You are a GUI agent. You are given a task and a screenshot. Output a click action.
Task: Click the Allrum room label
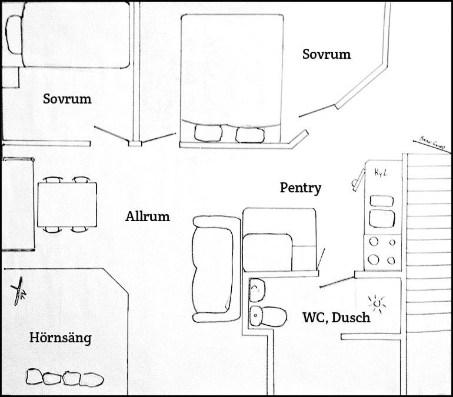coord(147,216)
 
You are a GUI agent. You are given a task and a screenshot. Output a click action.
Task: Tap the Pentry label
coord(300,188)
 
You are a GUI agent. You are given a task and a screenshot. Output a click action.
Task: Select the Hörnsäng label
coord(60,338)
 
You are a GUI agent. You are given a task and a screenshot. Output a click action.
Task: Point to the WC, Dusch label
coord(336,318)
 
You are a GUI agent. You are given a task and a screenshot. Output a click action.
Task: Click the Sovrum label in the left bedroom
coord(67,99)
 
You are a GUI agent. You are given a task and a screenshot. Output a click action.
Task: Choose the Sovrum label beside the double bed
coord(326,55)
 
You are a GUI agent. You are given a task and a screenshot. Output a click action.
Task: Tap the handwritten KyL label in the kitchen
coord(379,172)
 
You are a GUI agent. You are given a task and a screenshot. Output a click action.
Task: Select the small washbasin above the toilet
coord(257,288)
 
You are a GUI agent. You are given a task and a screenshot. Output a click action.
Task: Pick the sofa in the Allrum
coord(215,269)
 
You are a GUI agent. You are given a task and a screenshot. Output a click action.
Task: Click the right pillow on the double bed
coord(250,134)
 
